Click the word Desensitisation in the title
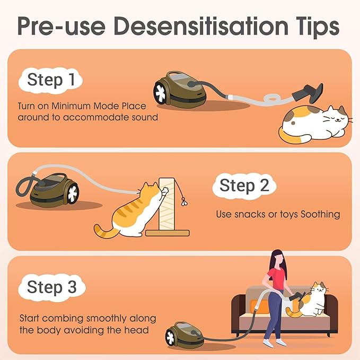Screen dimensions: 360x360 [x=201, y=26]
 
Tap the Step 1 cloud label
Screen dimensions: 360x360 [x=50, y=80]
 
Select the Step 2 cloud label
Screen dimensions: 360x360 [x=244, y=186]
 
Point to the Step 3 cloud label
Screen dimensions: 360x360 [x=52, y=287]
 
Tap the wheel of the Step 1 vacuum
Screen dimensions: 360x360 [x=160, y=93]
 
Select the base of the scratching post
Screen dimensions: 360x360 [x=168, y=233]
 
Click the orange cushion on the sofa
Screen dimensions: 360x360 [x=259, y=307]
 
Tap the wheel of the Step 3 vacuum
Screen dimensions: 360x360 [x=171, y=338]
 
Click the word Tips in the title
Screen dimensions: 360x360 [x=317, y=27]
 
